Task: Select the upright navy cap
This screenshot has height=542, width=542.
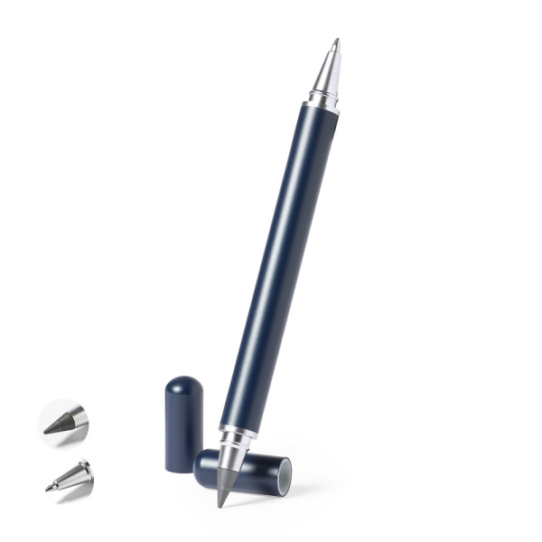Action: pos(183,425)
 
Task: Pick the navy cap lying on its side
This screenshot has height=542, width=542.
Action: pos(248,472)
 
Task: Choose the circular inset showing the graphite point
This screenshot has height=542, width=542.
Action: pos(63,423)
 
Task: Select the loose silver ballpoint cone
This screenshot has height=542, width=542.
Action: pos(72,476)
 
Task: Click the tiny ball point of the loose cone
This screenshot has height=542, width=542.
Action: pos(48,489)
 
